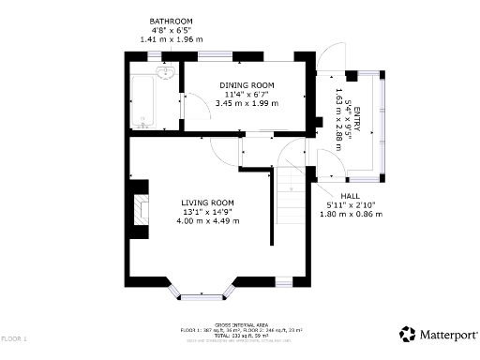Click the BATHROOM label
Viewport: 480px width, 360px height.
[x=171, y=21]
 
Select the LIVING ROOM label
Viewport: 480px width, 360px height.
[x=207, y=202]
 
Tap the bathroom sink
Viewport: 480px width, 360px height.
[x=167, y=73]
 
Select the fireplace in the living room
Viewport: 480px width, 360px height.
[x=142, y=211]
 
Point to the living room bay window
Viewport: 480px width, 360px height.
[x=202, y=294]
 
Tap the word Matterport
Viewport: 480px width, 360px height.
[x=447, y=335]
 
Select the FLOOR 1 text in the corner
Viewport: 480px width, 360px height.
[x=14, y=337]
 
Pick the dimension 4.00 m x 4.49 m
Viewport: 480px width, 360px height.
[x=207, y=221]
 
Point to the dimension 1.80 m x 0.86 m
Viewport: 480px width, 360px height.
[x=351, y=214]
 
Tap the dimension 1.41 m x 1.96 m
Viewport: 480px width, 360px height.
[x=171, y=39]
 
